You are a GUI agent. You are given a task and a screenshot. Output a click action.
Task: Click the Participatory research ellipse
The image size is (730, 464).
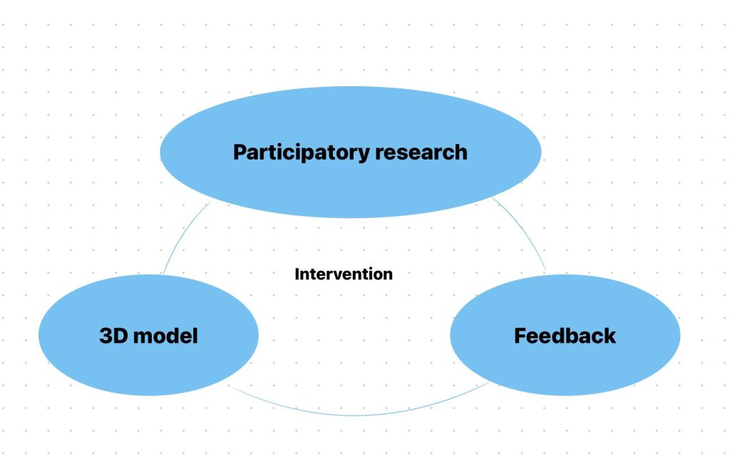pos(350,152)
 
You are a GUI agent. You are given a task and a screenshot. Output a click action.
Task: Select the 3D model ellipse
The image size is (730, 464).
pos(148,335)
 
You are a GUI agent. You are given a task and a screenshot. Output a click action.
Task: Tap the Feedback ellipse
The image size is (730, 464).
pos(565,335)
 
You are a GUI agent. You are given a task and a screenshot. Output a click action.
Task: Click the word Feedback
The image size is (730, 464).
pos(565,336)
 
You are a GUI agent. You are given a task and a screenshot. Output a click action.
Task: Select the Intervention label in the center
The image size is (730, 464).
pos(344,274)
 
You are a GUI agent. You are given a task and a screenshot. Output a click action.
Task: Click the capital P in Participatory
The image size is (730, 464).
pos(240,153)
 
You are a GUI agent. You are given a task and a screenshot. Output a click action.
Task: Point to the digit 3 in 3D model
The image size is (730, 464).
pos(106,336)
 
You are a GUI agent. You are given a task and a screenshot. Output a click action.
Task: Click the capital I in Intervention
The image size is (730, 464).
pos(297,274)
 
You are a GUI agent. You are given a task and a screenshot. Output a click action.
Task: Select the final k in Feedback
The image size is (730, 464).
pos(610,336)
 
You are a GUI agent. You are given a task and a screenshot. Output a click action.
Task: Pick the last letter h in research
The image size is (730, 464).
pos(461,153)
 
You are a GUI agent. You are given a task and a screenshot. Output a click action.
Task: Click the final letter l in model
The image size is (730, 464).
pos(195,336)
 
